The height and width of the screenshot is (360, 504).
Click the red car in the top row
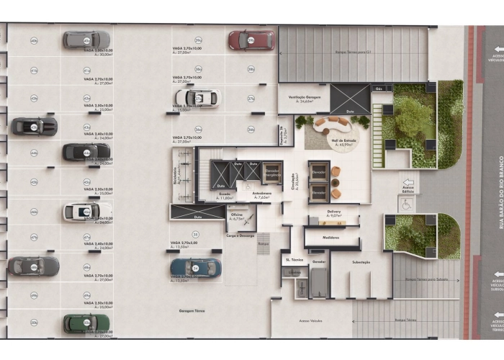(x=251, y=40)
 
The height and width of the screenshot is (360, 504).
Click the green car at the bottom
(x=86, y=323)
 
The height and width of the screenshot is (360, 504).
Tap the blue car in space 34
(x=196, y=268)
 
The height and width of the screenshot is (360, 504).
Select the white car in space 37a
(x=196, y=97)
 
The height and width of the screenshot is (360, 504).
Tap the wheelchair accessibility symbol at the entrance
(x=408, y=205)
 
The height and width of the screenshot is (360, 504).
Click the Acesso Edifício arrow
(x=408, y=185)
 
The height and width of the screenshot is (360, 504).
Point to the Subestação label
(x=361, y=262)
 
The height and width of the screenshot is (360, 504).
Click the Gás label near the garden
(x=379, y=89)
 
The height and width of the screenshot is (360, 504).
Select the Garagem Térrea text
(x=194, y=310)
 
